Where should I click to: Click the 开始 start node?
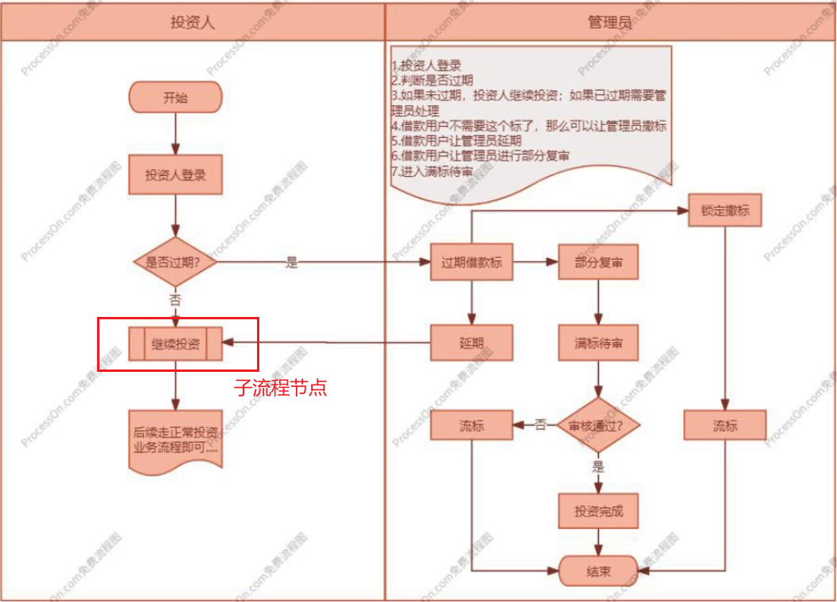[175, 98]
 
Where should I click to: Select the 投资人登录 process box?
[175, 174]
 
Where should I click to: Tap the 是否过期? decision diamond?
[175, 261]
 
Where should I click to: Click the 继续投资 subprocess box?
[175, 344]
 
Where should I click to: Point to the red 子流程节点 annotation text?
[280, 389]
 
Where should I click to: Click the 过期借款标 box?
[472, 264]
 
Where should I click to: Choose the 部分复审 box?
[598, 264]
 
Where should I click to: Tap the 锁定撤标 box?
[725, 213]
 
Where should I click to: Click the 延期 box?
[472, 343]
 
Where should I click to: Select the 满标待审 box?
[598, 343]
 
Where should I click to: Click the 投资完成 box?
[598, 511]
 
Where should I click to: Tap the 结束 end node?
[598, 572]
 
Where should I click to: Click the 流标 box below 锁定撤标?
[725, 425]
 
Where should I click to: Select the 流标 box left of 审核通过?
[472, 425]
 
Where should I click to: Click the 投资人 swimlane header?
[193, 21]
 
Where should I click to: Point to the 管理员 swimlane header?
[609, 21]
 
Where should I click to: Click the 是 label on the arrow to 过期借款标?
[291, 263]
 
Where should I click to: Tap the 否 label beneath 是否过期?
[175, 299]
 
